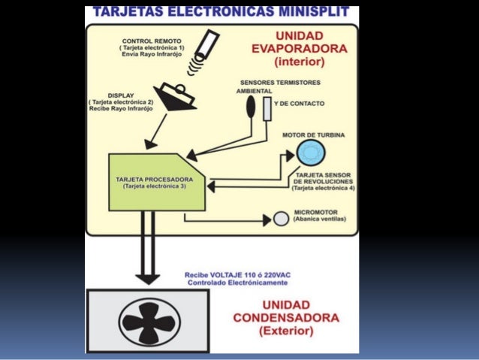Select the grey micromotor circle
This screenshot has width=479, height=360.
(281, 219)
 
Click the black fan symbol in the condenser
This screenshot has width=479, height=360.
(149, 321)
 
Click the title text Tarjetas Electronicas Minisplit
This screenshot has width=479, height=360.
(221, 12)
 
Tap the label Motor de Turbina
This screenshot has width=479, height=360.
(313, 135)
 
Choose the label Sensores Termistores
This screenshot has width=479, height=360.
(280, 82)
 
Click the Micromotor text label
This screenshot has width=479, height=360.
(315, 213)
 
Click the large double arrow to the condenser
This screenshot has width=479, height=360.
(148, 248)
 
